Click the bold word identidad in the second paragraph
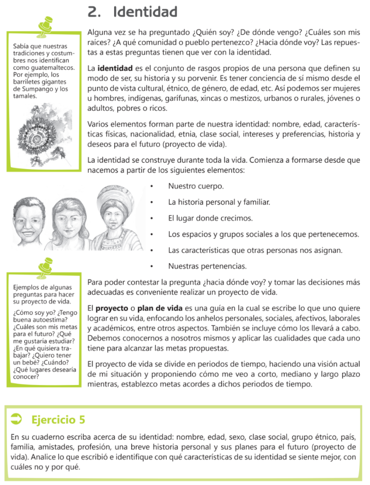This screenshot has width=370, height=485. point(115,68)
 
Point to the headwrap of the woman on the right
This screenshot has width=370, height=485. point(111,196)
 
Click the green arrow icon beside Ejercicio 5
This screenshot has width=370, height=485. point(16,418)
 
